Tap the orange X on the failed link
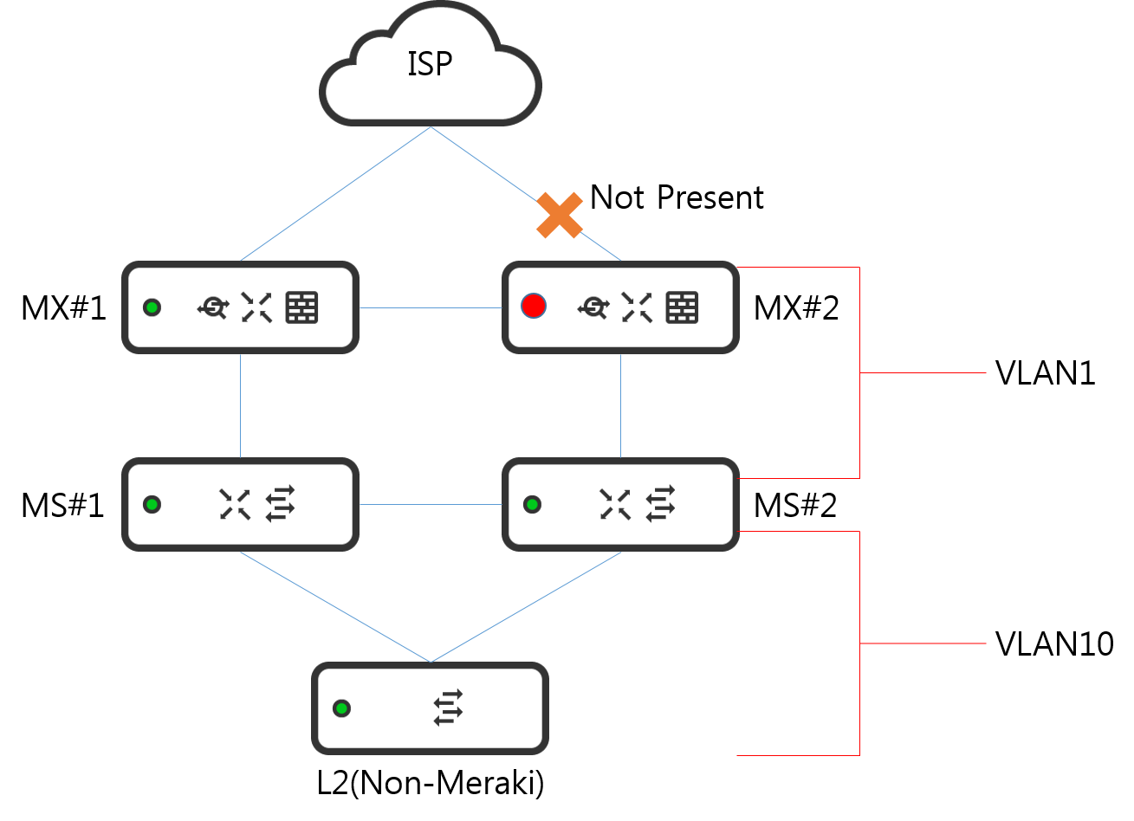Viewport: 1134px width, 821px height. point(560,216)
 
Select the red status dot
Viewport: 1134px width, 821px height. point(534,306)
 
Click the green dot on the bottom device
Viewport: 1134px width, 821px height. point(341,708)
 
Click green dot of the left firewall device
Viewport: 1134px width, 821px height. point(152,307)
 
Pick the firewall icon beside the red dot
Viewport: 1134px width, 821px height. point(682,307)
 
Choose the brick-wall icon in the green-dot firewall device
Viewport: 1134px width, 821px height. point(301,307)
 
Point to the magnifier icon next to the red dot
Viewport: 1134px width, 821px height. point(593,307)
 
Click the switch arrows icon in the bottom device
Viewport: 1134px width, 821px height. point(448,708)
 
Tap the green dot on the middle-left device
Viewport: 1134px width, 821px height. point(152,504)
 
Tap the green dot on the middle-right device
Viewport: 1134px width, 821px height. point(532,504)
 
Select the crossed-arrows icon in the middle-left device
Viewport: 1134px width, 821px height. point(235,504)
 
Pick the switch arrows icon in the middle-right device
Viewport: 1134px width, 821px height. point(660,503)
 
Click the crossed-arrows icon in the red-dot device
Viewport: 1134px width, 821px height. point(637,307)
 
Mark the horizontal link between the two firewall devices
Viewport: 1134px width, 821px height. point(431,307)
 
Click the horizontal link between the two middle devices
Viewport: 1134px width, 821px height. point(431,504)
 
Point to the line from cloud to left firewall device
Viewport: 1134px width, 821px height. point(335,194)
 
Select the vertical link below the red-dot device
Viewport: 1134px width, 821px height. point(620,405)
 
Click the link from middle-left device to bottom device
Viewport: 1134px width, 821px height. point(335,606)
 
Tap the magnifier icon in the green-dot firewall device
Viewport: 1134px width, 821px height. point(213,307)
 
